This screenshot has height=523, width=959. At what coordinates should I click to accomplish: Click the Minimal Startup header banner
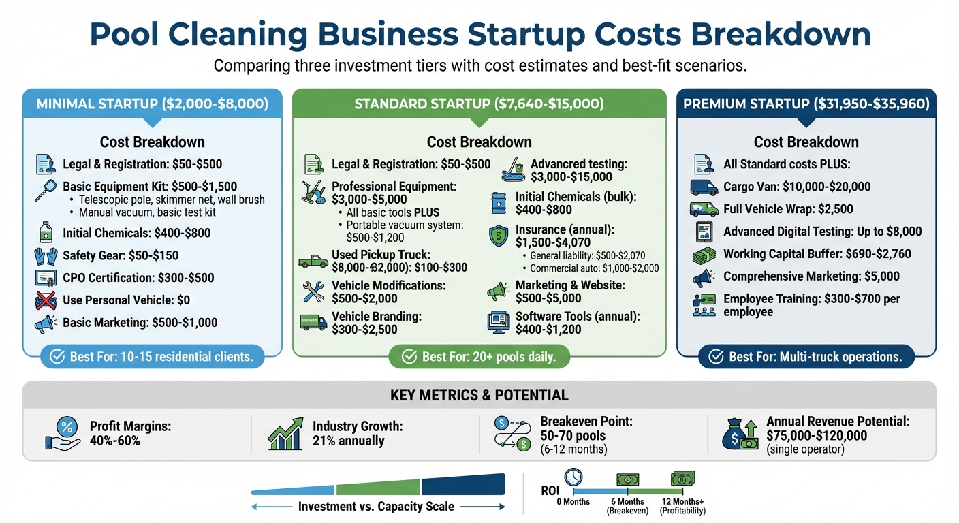pos(152,104)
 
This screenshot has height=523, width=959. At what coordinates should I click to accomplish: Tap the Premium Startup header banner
pos(806,104)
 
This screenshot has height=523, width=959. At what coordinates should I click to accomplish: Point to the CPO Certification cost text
pos(138,278)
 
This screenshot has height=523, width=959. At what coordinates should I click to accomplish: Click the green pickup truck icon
pos(313,261)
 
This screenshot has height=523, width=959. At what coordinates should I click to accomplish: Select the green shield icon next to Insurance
pos(499,236)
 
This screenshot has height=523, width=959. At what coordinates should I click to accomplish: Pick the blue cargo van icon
pos(704,187)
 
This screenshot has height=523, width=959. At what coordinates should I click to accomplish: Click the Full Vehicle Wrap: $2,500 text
pos(788,209)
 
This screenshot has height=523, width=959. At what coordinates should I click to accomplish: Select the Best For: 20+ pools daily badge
pos(479,357)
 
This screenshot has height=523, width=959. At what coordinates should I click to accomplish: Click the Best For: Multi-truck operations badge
pos(806,357)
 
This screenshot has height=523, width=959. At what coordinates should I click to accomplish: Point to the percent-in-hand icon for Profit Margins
pos(63,434)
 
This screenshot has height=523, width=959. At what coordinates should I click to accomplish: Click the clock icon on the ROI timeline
pos(573,476)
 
